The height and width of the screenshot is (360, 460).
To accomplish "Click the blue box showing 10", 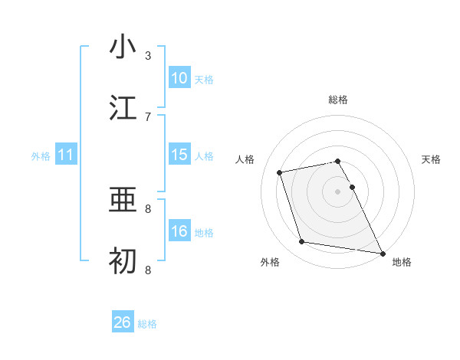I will click(x=179, y=78).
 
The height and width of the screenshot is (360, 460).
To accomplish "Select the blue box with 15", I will click(x=179, y=155).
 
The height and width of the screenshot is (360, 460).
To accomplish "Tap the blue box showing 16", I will click(x=179, y=231).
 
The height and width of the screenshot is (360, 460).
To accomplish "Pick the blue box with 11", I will click(x=66, y=155).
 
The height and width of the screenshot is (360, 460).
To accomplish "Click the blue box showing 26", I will click(x=123, y=322).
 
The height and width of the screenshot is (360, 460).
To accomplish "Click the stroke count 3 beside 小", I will click(x=148, y=55).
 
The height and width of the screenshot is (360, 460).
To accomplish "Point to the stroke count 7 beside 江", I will click(x=148, y=116).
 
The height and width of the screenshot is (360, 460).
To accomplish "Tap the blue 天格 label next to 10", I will click(x=203, y=80).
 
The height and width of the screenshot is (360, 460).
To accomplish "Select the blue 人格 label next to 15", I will click(x=203, y=156).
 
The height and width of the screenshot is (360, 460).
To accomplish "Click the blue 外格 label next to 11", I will click(x=41, y=156).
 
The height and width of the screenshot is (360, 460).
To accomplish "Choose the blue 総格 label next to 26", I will click(x=147, y=324).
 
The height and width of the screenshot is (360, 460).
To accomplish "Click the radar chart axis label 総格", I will click(x=338, y=100).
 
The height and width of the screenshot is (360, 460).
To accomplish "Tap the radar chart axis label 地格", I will click(x=402, y=262).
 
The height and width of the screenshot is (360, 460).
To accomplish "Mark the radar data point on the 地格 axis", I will click(x=381, y=252).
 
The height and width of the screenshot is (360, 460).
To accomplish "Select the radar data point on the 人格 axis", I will click(x=280, y=172).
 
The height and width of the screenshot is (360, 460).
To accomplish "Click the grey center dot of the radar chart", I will click(x=338, y=191).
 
